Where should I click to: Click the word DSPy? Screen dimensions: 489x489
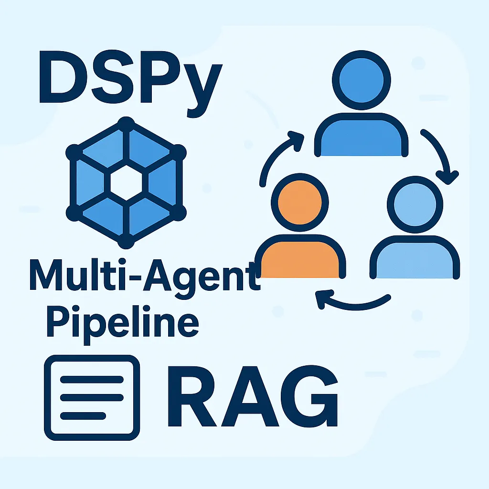(131, 84)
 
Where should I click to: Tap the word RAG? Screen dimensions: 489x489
(253, 396)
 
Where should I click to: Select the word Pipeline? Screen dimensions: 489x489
(123, 325)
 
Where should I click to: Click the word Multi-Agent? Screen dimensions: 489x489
(145, 278)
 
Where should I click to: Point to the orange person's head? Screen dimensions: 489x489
(300, 202)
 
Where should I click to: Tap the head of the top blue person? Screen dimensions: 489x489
(361, 80)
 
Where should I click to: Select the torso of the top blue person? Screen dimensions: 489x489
(361, 135)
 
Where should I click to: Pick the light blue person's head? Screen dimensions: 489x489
(415, 204)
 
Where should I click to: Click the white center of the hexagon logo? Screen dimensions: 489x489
(126, 183)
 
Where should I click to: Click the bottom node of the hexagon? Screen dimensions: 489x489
(126, 241)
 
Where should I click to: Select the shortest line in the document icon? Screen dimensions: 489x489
(83, 416)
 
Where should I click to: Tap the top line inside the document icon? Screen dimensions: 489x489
(92, 380)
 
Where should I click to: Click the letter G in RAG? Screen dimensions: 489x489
(309, 396)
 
